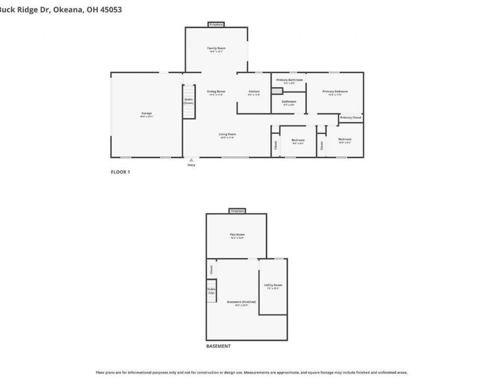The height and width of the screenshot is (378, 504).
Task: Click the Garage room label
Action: click(146, 114)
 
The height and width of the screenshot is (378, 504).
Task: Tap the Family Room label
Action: click(217, 49)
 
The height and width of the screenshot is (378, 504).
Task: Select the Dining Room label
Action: click(216, 92)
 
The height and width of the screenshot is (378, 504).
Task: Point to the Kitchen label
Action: click(254, 92)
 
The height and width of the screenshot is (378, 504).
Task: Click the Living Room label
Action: click(227, 135)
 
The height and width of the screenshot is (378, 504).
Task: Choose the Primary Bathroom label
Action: click(289, 81)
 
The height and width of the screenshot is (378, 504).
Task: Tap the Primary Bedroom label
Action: click(335, 92)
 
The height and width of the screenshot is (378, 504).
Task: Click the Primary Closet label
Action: click(351, 118)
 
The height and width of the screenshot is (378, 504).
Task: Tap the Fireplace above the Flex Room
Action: click(237, 210)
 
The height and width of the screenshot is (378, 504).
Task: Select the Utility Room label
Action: click(273, 286)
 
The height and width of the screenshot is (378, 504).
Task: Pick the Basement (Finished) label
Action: click(241, 303)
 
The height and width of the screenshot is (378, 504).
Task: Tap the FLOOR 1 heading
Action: click(120, 171)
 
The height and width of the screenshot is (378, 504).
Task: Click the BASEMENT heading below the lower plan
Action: click(219, 346)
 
